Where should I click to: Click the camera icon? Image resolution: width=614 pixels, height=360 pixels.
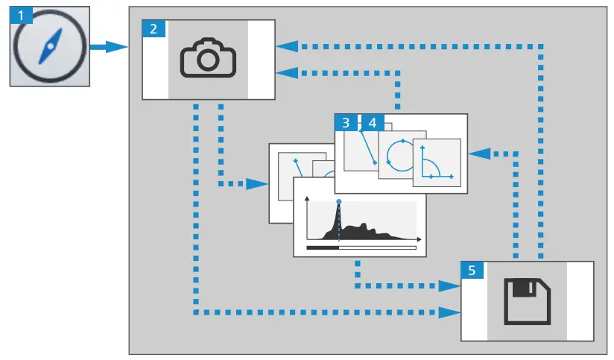point(208,60)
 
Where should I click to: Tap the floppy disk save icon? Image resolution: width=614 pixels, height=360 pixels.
point(527,301)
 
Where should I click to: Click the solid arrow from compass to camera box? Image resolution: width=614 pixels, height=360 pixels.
point(109,48)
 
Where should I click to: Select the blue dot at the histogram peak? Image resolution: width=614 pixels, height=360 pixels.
point(339,201)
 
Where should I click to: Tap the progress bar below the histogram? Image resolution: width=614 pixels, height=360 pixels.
point(361,247)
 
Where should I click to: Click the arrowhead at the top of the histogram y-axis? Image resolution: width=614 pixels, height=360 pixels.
point(307,196)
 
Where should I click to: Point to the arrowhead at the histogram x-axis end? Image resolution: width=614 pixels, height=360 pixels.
point(419,239)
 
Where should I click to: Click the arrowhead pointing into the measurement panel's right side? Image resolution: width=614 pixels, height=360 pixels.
point(478,154)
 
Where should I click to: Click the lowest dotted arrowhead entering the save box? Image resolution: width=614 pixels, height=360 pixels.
point(450,310)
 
